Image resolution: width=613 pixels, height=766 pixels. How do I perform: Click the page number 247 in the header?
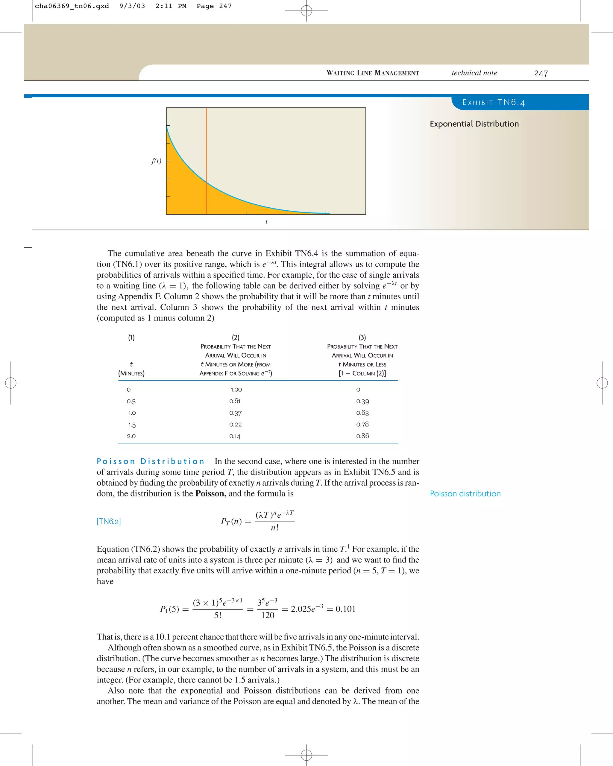coord(541,73)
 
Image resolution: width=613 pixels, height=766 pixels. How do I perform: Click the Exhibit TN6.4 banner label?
coord(493,103)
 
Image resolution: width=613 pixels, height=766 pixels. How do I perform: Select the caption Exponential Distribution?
coord(474,124)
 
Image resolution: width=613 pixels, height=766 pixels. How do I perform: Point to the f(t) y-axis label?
coord(156,161)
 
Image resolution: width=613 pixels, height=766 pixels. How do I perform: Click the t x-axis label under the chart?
coord(266,222)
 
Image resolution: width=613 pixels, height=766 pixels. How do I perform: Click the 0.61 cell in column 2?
coord(235,401)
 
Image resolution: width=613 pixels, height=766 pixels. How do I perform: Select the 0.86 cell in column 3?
coord(362,436)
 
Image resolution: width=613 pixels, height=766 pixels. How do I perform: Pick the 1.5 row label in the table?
coord(132,425)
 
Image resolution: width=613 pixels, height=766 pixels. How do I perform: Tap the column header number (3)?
coord(362,337)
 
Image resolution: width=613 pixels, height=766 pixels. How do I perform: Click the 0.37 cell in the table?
coord(235,413)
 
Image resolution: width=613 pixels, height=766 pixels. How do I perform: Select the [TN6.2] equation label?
coord(109,521)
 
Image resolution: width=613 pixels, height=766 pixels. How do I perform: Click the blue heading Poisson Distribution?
coord(151,461)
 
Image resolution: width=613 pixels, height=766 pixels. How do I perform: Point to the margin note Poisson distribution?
coord(465,493)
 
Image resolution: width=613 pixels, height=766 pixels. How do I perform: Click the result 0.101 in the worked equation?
coord(345,609)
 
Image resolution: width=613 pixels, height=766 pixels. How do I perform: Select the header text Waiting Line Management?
coord(372,73)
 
